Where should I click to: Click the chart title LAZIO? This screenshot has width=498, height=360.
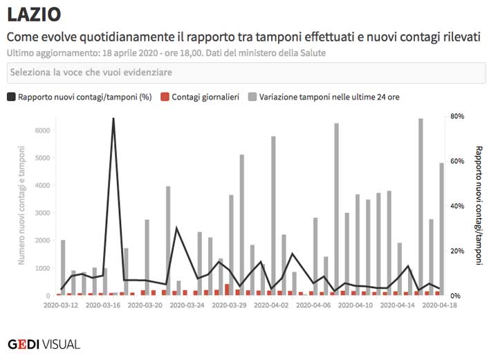34,14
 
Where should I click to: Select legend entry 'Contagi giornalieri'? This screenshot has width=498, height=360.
200,97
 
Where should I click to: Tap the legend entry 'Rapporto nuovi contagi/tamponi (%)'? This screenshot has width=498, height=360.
79,97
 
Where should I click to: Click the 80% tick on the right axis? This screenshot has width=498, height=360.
456,116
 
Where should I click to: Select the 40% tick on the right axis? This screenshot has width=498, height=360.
456,206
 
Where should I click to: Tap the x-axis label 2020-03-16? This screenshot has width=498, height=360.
102,304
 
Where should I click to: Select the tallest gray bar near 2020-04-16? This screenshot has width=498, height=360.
421,207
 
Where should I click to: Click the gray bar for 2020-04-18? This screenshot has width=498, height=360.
441,228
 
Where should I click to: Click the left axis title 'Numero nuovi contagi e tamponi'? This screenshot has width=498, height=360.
21,205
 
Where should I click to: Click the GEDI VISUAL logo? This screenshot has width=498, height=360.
44,343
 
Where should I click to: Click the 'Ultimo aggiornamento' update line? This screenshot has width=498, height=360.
166,53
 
